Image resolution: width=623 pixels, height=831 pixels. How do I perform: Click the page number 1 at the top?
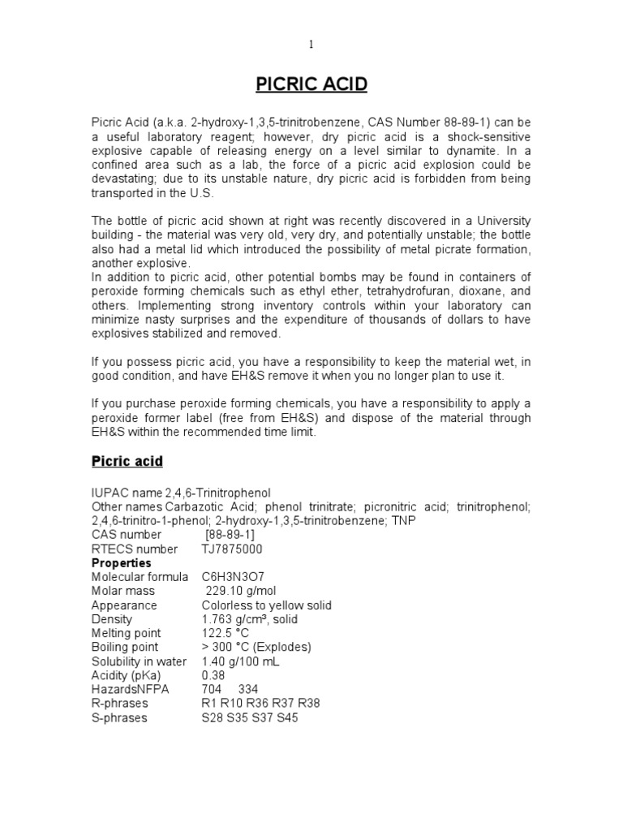(x=311, y=45)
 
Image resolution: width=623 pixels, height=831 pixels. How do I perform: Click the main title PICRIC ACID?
(x=311, y=84)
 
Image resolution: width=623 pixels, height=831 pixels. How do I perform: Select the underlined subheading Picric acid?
(x=127, y=461)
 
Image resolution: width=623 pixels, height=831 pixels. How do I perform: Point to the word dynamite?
(x=462, y=151)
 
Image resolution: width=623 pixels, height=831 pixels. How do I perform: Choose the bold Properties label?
(x=121, y=562)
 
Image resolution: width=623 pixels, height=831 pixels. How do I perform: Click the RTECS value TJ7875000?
(x=232, y=549)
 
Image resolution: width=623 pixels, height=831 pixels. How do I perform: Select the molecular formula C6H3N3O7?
(x=235, y=577)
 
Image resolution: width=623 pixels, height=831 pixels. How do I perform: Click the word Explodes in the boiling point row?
(x=280, y=647)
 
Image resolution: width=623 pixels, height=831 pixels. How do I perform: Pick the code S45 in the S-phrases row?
(x=286, y=717)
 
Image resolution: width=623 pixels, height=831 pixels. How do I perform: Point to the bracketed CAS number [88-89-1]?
(x=230, y=535)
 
